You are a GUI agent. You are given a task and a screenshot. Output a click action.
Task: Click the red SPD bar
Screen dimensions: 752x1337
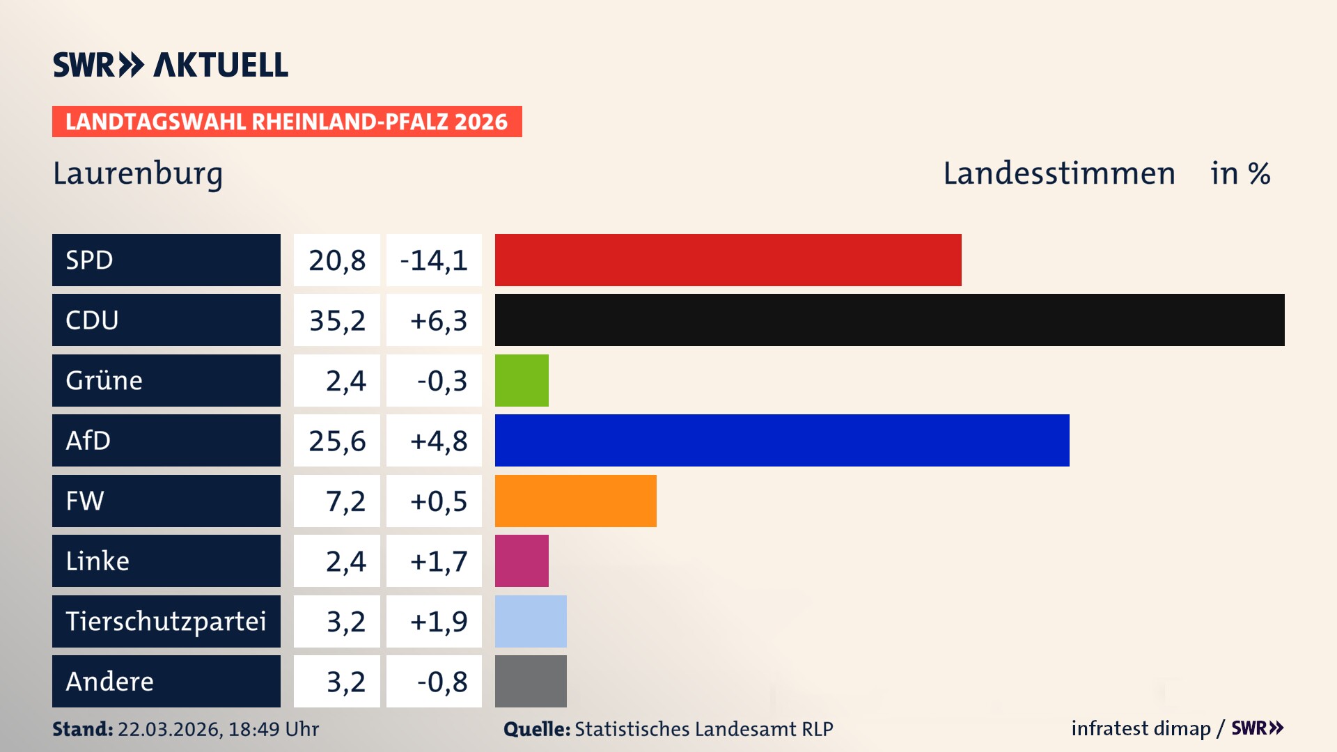coord(728,260)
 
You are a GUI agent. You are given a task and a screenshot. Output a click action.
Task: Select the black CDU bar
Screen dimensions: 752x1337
coord(889,320)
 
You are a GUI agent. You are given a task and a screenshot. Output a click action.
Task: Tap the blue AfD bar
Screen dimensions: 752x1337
coord(781,440)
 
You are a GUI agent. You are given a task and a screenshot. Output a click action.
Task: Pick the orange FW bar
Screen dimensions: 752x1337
coord(575,501)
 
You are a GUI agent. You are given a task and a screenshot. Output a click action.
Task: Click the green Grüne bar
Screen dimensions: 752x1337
coord(522,380)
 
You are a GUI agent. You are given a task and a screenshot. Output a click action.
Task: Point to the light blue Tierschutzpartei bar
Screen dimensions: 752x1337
coord(531,621)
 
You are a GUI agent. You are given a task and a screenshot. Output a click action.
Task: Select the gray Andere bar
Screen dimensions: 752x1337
coord(531,681)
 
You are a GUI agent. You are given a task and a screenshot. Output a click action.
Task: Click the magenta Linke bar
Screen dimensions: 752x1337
coord(522,561)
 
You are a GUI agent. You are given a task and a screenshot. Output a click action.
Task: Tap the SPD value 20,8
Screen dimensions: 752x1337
coord(337,260)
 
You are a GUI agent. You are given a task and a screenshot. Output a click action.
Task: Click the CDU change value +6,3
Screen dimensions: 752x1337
coord(438,320)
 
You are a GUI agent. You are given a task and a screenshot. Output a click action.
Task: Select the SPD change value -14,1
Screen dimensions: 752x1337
coord(434,260)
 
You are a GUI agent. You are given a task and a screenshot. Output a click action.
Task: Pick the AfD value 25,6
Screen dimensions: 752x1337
coord(337,441)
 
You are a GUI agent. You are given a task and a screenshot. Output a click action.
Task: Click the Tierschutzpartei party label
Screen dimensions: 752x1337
coord(166,621)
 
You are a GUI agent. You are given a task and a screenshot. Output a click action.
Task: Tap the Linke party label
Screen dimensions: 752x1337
coord(97,561)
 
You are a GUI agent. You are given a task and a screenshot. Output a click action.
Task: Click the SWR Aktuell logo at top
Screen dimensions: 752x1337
coord(170,65)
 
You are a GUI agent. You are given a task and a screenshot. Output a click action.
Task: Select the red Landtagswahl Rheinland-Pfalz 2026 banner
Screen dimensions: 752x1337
coord(286,121)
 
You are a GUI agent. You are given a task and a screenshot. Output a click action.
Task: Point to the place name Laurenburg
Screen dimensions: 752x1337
coord(138,173)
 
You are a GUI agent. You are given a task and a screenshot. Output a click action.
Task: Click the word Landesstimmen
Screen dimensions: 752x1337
coord(1058,173)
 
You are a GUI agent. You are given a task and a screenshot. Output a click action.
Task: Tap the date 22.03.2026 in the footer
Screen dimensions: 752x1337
coord(169,729)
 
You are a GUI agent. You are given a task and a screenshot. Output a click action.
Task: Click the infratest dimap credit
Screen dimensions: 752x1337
coord(1140,728)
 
